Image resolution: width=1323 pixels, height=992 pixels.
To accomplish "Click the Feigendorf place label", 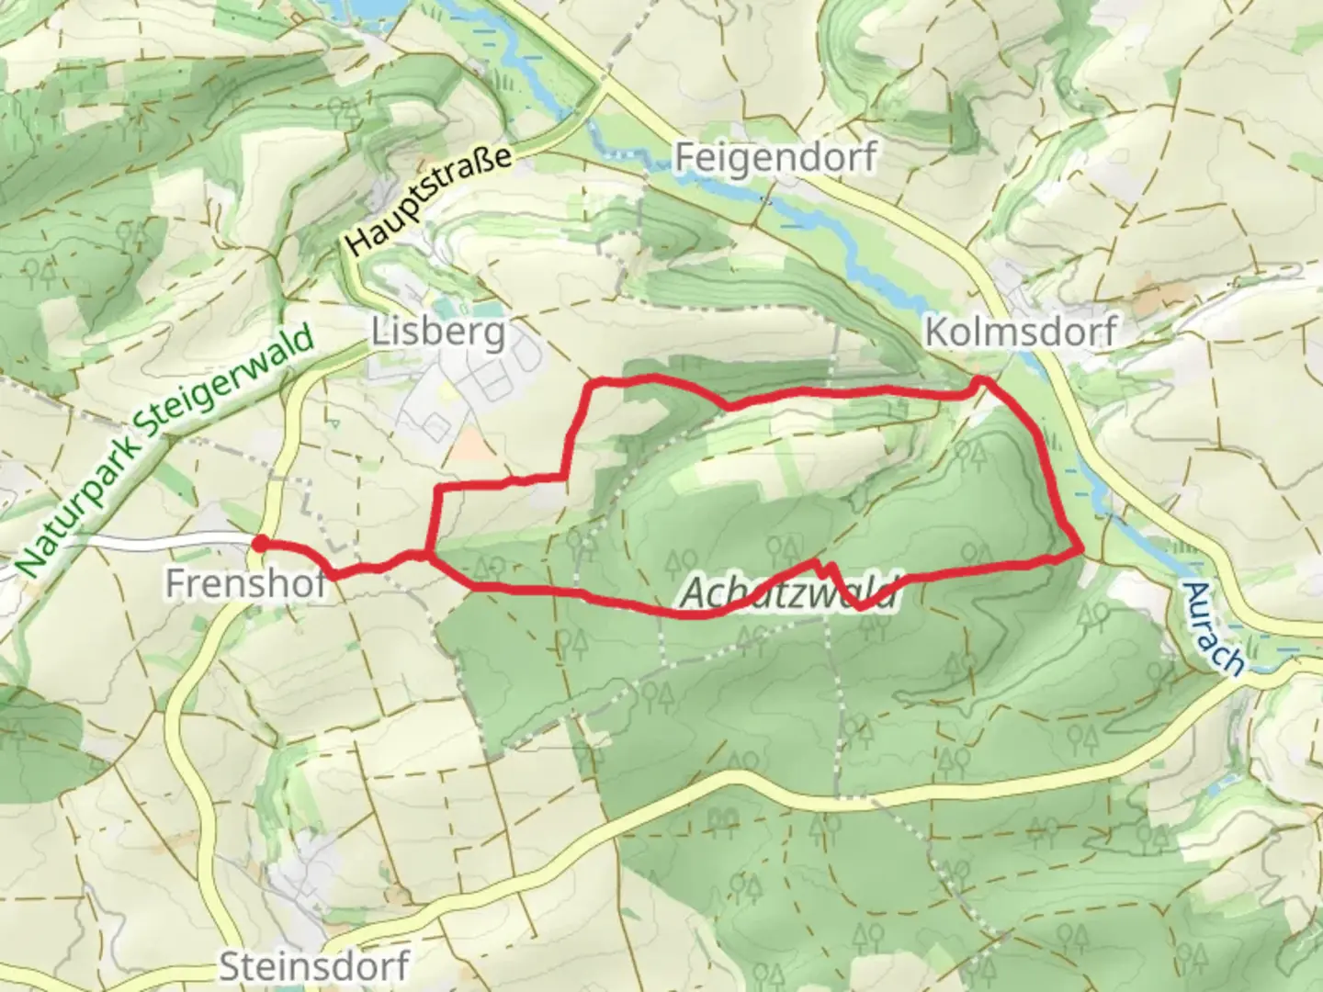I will point(775,157).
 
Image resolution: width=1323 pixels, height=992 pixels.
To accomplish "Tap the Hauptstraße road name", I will point(429,200).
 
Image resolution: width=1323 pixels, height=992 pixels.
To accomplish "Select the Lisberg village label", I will point(438,332).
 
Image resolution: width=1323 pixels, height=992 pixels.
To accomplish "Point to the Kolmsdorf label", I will point(1020,332).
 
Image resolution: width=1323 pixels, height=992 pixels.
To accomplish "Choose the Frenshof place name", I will point(245,583).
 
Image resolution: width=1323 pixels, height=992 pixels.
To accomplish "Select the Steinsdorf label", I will point(313,966).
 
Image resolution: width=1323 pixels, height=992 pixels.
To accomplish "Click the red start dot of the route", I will point(260,544).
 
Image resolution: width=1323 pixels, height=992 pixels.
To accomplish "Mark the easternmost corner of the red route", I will point(1082,549).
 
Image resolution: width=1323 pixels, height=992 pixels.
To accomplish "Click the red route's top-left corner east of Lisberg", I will point(594,380).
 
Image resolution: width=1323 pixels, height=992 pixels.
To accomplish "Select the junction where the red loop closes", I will point(429,554).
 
